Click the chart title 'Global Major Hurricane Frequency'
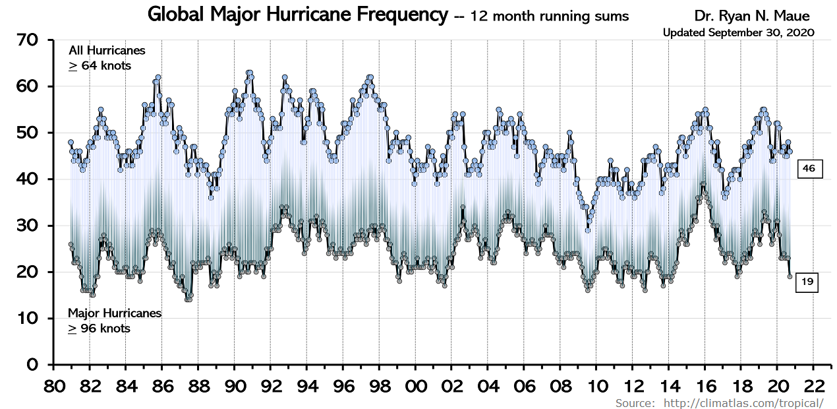click(x=297, y=15)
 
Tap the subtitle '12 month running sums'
click(x=550, y=16)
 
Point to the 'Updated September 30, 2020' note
click(x=738, y=32)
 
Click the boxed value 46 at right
click(x=809, y=169)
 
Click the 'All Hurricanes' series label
click(x=107, y=51)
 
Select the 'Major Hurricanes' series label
click(x=114, y=313)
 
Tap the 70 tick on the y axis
click(x=28, y=41)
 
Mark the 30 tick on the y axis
click(x=28, y=226)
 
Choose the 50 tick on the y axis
click(x=28, y=133)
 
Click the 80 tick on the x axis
click(x=53, y=385)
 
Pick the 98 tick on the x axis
click(x=380, y=385)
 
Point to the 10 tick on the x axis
click(x=596, y=385)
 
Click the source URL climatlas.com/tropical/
click(x=743, y=403)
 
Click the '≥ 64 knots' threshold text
click(x=100, y=65)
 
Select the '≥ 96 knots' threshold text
click(x=99, y=328)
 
